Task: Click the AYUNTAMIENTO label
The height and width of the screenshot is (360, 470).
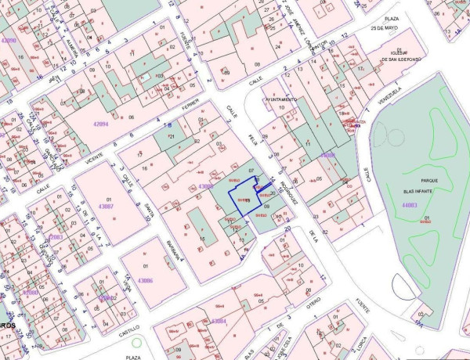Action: pos(280,100)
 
